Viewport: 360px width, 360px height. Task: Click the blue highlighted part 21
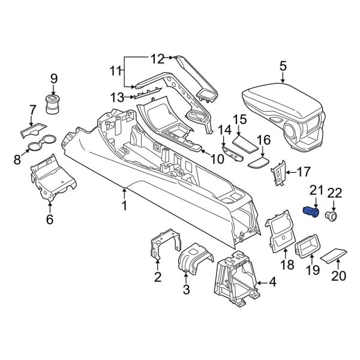(311, 211)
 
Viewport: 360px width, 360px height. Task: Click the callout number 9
(53, 78)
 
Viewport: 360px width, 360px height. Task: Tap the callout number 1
(124, 206)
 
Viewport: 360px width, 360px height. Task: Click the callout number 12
(157, 58)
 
